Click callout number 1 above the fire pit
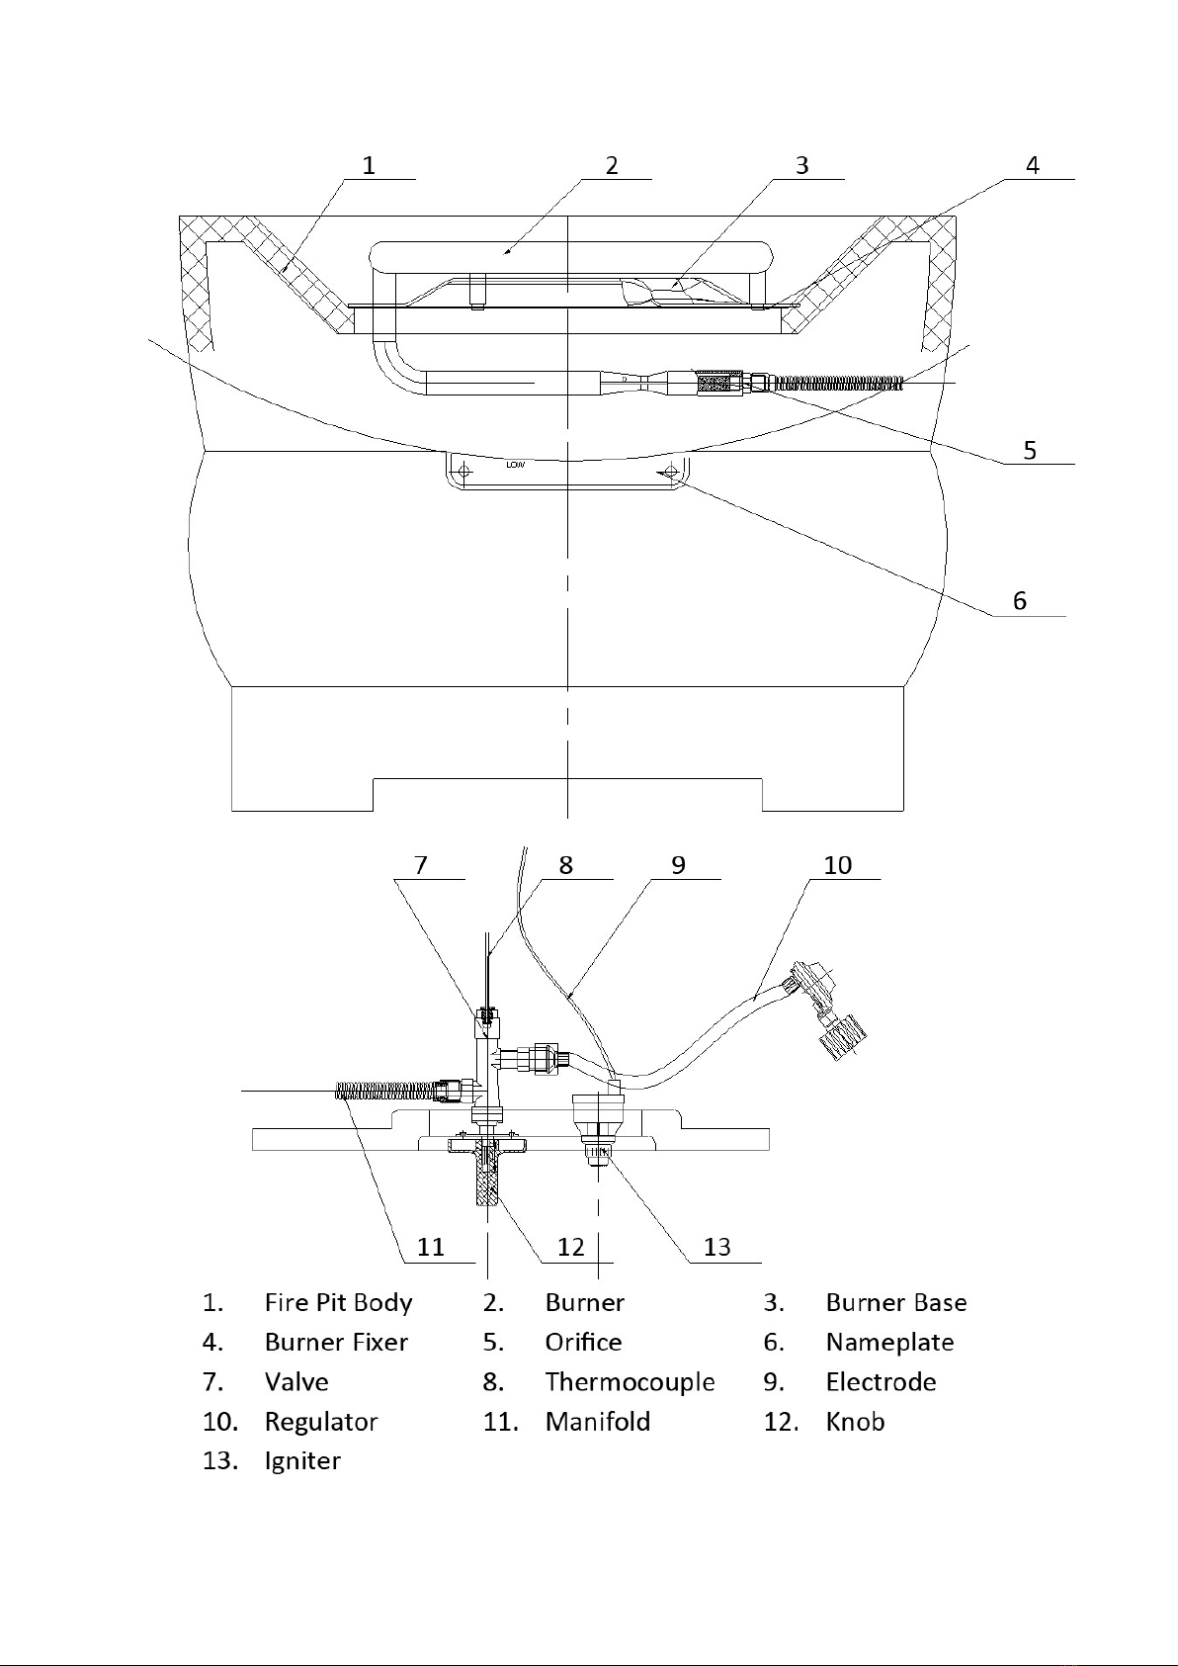[369, 165]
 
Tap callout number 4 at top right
[1033, 165]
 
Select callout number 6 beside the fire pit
[1020, 601]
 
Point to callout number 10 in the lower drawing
[838, 865]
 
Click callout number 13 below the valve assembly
[717, 1247]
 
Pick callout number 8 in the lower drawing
[566, 865]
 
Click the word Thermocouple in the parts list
[630, 1382]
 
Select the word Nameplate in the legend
[889, 1343]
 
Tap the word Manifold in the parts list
[598, 1422]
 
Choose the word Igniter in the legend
[302, 1460]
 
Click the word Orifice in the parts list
[583, 1343]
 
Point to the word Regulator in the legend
[321, 1422]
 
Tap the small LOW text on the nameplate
[515, 465]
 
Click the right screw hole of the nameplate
[670, 470]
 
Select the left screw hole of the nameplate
[464, 470]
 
